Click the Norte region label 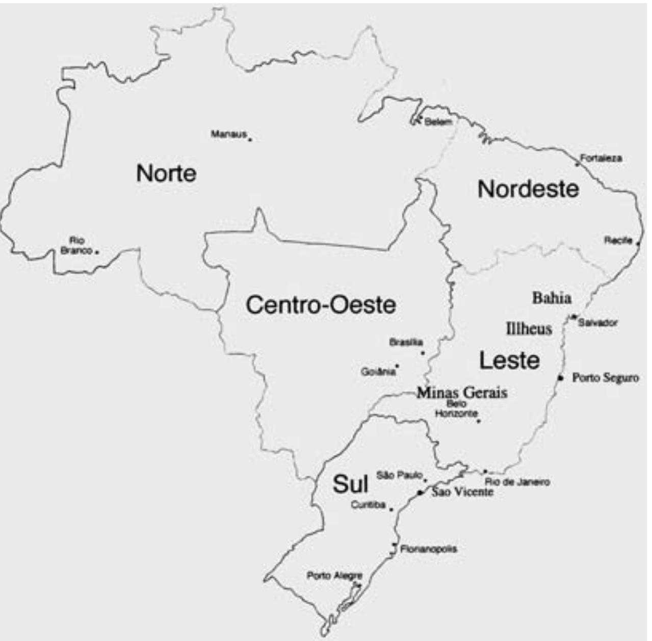coord(166,173)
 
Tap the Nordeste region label coord(528,189)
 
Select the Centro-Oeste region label coord(321,305)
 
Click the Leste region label coord(509,361)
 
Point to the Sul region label coord(350,483)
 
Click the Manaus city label coord(229,134)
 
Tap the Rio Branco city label coord(77,245)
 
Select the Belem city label coord(438,121)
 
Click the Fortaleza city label coord(601,158)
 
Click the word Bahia coord(552,298)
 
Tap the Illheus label coord(529,329)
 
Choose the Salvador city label coord(597,323)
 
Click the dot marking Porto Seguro coord(560,378)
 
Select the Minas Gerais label coord(462,393)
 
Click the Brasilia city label coord(406,342)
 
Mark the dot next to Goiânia coord(397,365)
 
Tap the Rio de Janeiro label coord(517,482)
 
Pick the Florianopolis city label coord(429,549)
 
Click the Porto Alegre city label coord(334,576)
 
